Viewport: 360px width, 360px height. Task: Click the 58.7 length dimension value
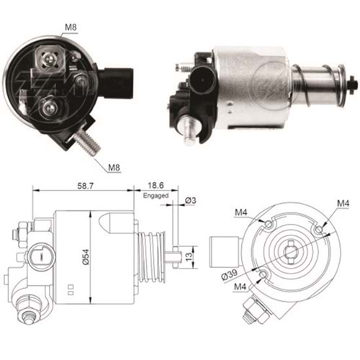pos(85,185)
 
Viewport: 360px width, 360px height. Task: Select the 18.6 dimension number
pos(156,185)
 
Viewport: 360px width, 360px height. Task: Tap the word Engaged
pos(156,196)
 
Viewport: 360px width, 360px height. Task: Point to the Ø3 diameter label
pos(191,200)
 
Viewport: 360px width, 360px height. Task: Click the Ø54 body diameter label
pos(86,257)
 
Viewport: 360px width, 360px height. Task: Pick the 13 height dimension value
pos(189,257)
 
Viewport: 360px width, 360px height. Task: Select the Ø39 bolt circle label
pos(229,274)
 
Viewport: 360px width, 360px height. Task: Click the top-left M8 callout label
pos(71,27)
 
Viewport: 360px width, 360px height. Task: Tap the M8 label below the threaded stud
pos(114,167)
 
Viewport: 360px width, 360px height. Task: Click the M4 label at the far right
pos(343,204)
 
